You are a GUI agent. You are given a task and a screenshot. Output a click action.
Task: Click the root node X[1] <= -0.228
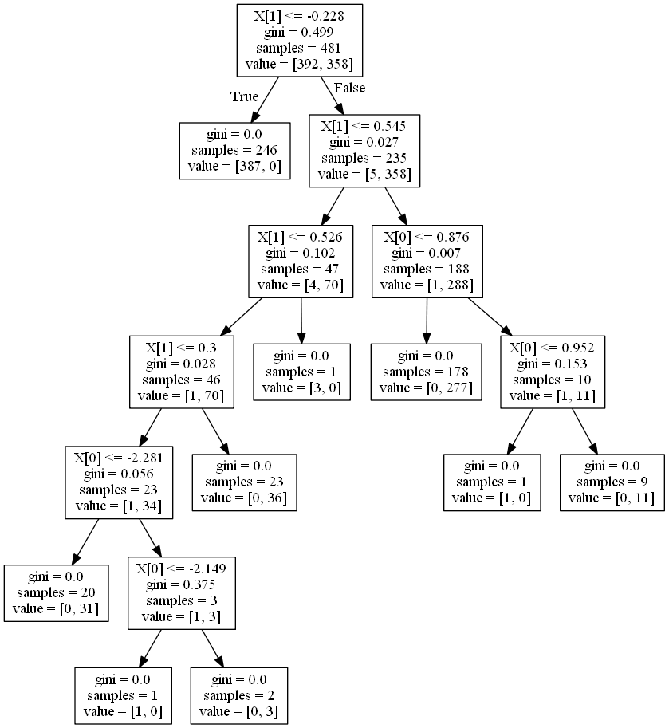click(301, 40)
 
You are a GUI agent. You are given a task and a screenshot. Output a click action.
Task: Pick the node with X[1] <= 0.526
click(301, 262)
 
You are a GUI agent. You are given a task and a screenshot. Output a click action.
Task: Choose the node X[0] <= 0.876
click(427, 262)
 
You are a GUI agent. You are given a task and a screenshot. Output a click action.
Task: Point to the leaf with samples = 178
click(427, 372)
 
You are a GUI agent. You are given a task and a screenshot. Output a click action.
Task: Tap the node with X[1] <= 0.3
click(182, 372)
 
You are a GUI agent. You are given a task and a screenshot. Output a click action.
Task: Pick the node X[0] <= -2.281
click(119, 482)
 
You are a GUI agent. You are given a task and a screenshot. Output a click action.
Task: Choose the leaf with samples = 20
click(56, 592)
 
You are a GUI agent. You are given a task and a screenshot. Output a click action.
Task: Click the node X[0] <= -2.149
click(182, 592)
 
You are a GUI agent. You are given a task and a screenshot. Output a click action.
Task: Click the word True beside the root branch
click(245, 96)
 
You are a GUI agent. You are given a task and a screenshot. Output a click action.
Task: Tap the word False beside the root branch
click(349, 87)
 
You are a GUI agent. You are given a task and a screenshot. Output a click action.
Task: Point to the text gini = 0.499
click(301, 32)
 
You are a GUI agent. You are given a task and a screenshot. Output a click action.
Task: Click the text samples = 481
click(301, 47)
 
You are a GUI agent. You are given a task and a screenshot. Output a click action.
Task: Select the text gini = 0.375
click(182, 585)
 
